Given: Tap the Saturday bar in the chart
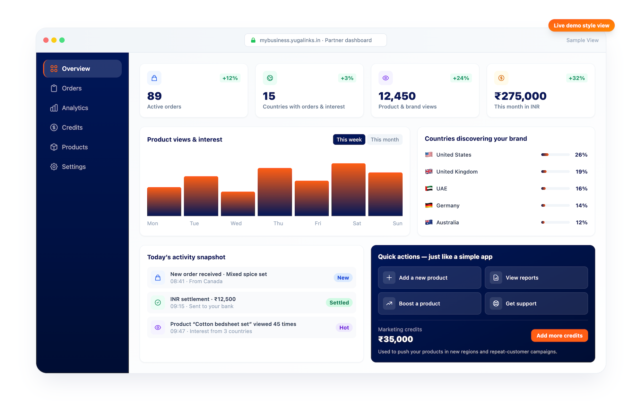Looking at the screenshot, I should point(348,190).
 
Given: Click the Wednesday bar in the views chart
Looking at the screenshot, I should point(238,204).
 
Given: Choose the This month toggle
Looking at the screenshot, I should point(385,140).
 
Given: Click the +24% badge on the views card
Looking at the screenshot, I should point(461,78).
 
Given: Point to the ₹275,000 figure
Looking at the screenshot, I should point(520,96).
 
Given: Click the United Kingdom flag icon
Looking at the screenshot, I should point(429,172).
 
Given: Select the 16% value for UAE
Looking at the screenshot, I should point(581,189).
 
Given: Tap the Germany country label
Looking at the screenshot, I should point(447,206).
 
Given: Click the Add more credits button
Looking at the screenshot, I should point(559,336).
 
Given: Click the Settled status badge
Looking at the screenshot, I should point(339,303).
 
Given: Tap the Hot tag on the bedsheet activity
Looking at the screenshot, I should point(344,328).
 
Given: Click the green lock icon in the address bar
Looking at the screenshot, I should point(253,40).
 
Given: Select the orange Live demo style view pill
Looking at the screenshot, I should point(581,25).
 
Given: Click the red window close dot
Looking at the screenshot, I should point(46,40).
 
